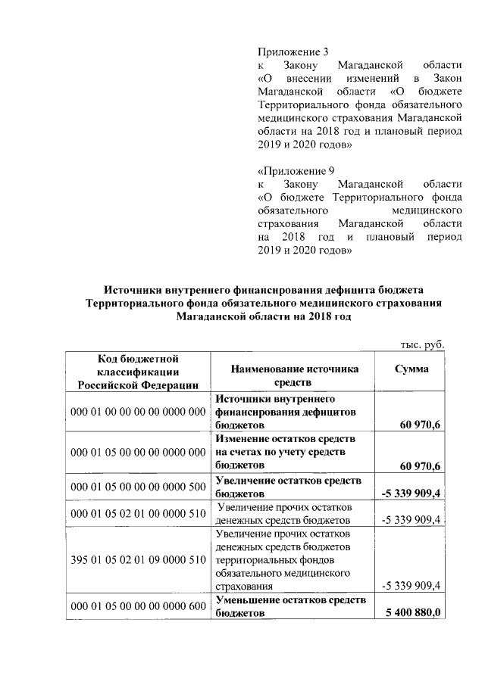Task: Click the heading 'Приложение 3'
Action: click(293, 52)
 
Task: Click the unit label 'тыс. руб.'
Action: click(421, 344)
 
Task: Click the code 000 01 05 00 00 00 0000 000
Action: click(138, 452)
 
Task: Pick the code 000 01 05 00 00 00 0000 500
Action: click(138, 486)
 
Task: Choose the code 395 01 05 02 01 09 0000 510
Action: click(138, 561)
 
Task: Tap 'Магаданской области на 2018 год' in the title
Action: click(264, 318)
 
